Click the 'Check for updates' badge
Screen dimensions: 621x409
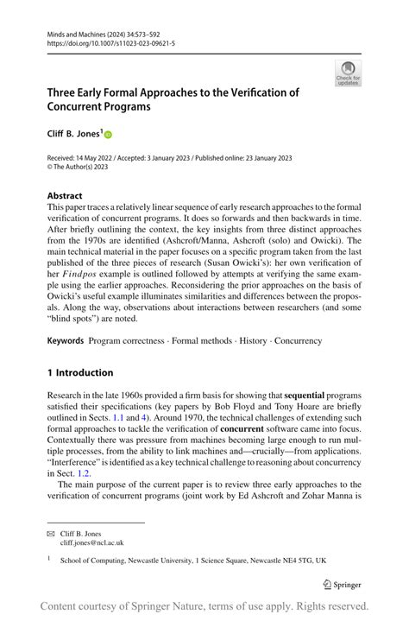(x=348, y=74)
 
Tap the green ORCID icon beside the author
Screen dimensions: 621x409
(x=109, y=134)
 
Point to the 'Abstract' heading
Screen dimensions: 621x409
(x=65, y=196)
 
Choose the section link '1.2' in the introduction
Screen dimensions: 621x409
(x=106, y=472)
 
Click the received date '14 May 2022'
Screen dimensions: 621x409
(x=100, y=158)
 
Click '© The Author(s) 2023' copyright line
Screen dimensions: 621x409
(x=83, y=168)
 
